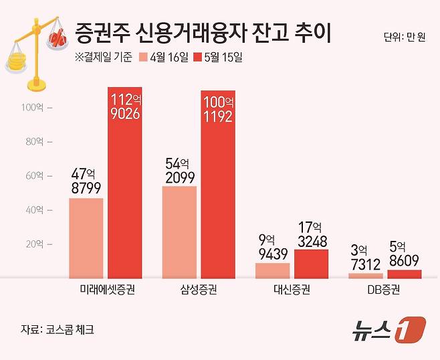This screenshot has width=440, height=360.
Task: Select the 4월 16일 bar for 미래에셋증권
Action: pyautogui.click(x=86, y=238)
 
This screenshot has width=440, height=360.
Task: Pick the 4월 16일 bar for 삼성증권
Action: pyautogui.click(x=179, y=232)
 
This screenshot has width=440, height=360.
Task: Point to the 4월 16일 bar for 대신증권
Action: pyautogui.click(x=273, y=270)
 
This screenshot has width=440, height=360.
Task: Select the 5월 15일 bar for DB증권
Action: pyautogui.click(x=405, y=274)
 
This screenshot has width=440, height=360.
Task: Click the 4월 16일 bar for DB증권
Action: pyautogui.click(x=366, y=275)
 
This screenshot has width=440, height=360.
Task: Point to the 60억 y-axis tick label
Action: pyautogui.click(x=33, y=176)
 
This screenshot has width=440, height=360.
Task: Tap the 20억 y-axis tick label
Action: pyautogui.click(x=33, y=244)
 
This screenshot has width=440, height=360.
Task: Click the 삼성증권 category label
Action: pyautogui.click(x=199, y=290)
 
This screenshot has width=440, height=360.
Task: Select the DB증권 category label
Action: pyautogui.click(x=385, y=290)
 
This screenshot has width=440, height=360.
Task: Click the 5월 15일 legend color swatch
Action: pyautogui.click(x=199, y=57)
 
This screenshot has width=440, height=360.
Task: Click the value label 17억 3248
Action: pyautogui.click(x=312, y=235)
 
